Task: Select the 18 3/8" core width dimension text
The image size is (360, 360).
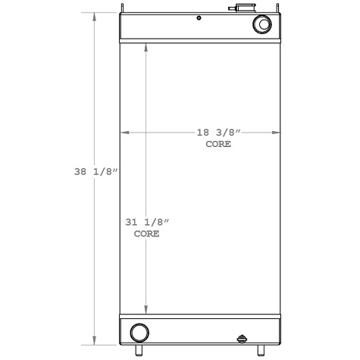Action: click(x=218, y=133)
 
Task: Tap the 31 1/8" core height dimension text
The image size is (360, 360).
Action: click(x=146, y=222)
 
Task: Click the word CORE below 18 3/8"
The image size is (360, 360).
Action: click(x=218, y=143)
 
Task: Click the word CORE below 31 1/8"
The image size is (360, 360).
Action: click(x=146, y=234)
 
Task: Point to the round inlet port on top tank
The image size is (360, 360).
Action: click(x=262, y=25)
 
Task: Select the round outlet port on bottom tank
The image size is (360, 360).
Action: click(x=139, y=332)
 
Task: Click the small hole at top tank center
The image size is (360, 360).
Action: click(x=198, y=18)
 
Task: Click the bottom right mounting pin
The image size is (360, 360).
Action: click(x=261, y=351)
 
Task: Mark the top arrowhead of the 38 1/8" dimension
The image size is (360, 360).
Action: click(x=94, y=15)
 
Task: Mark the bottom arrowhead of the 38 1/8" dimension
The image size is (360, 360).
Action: click(x=94, y=342)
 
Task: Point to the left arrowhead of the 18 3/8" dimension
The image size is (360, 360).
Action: click(x=124, y=133)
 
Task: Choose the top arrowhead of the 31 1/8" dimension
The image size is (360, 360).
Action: click(x=146, y=44)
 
